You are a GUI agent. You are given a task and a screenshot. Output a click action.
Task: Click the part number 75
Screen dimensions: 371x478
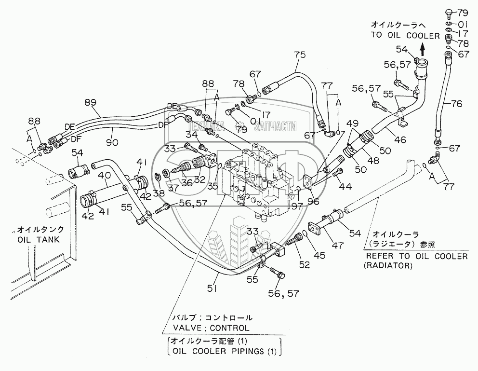click(x=300, y=55)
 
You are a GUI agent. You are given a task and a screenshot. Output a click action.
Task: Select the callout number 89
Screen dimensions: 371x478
click(x=90, y=102)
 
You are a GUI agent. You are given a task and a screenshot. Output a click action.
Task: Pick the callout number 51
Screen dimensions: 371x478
click(x=212, y=288)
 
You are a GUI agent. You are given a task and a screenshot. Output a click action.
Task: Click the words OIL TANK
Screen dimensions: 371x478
click(x=38, y=240)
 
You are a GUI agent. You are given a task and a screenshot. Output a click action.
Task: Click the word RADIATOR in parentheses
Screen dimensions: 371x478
click(x=389, y=266)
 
